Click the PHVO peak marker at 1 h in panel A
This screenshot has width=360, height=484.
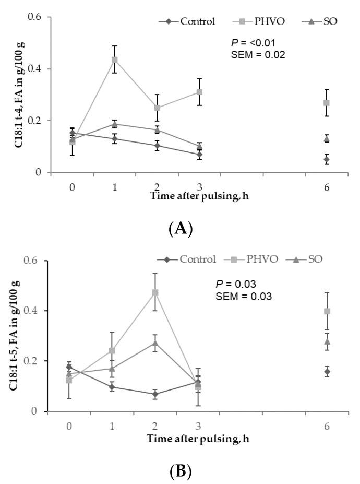115,60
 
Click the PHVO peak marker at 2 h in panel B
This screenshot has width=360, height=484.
155,292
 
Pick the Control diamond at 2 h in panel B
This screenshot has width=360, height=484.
155,394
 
